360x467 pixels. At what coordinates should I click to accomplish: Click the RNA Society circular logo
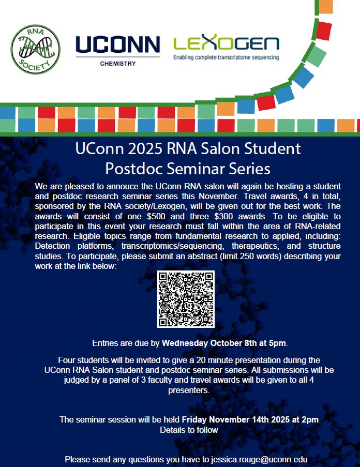click(x=36, y=50)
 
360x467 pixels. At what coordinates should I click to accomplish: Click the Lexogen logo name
click(x=226, y=43)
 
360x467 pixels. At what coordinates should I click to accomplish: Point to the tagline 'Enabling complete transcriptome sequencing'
click(x=226, y=57)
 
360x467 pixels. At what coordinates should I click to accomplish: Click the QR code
click(x=186, y=299)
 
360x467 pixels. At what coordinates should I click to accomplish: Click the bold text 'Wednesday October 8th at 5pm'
click(x=224, y=342)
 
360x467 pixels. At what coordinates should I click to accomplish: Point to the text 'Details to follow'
click(x=189, y=430)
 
